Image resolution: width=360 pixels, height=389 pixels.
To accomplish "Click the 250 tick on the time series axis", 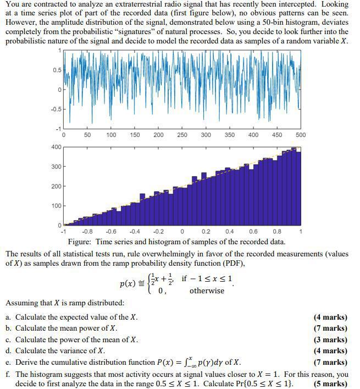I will [182, 135].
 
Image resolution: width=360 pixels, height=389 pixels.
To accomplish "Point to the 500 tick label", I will [301, 135].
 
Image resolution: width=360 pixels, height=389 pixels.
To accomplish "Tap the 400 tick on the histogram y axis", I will [56, 147].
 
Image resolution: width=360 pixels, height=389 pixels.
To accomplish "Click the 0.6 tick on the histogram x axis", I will [253, 231].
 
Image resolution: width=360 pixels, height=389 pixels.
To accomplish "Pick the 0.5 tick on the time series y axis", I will [57, 70].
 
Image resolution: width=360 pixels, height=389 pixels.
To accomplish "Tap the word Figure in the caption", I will [80, 242].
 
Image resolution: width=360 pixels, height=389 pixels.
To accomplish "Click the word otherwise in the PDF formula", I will [207, 291].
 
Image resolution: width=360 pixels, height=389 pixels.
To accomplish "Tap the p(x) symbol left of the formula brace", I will [128, 284].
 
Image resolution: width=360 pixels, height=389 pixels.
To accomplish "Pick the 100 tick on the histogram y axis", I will [56, 206].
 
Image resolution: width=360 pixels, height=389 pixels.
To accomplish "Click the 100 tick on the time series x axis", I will [111, 135].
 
